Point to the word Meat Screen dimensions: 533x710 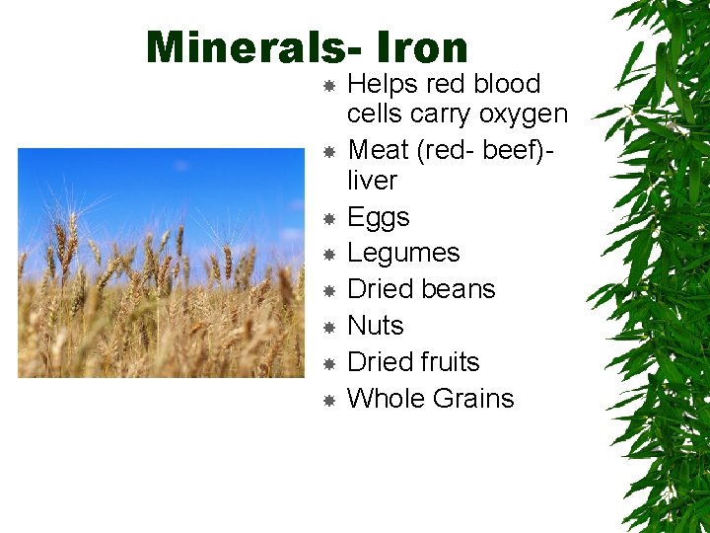click(x=378, y=150)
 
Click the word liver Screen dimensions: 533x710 click(x=372, y=181)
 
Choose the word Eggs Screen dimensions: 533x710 click(x=379, y=218)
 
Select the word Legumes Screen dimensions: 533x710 click(x=403, y=254)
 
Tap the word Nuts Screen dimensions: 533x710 click(x=376, y=326)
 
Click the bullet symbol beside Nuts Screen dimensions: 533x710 click(x=330, y=327)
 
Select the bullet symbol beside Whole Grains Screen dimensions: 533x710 click(x=330, y=400)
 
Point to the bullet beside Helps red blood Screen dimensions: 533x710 click(x=330, y=86)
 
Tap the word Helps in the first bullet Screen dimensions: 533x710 click(x=380, y=84)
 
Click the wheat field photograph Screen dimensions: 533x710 click(x=162, y=263)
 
